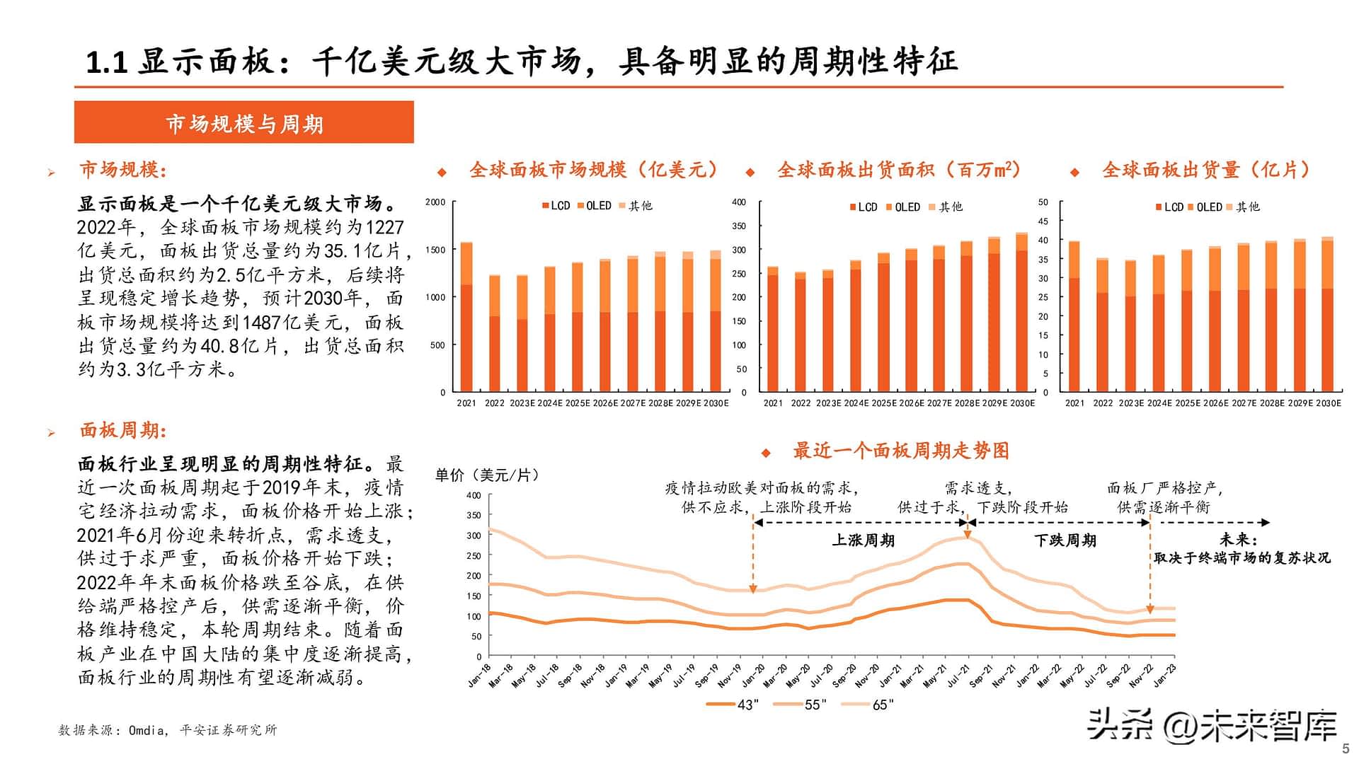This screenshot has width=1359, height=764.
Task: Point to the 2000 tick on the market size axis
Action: pyautogui.click(x=435, y=202)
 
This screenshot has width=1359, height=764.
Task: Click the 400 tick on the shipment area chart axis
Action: pyautogui.click(x=739, y=202)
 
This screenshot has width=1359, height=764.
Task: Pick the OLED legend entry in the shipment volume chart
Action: pyautogui.click(x=1205, y=207)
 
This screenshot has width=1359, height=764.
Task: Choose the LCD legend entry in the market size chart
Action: pyautogui.click(x=556, y=206)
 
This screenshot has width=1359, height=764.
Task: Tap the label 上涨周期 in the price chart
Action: pyautogui.click(x=863, y=540)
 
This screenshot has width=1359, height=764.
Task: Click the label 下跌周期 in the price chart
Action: pyautogui.click(x=1065, y=540)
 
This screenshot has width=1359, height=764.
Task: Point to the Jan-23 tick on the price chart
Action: pyautogui.click(x=1165, y=676)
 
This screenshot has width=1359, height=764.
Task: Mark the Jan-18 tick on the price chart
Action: pyautogui.click(x=480, y=676)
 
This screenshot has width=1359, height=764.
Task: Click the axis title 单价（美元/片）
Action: pyautogui.click(x=488, y=475)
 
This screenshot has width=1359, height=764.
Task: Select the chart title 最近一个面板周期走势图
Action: pyautogui.click(x=900, y=451)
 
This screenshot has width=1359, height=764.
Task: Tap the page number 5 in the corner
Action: pyautogui.click(x=1346, y=748)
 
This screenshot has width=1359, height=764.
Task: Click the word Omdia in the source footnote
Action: pyautogui.click(x=146, y=730)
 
